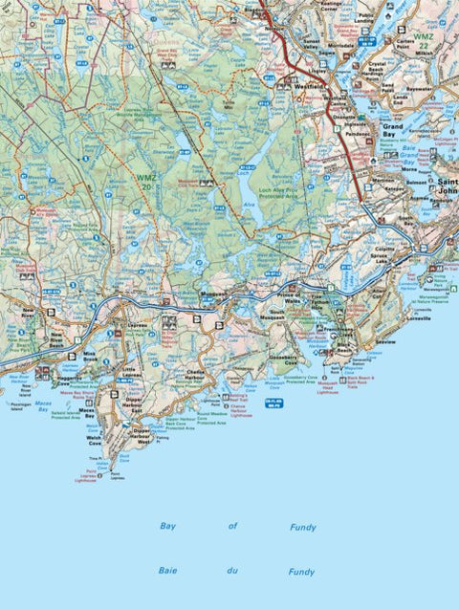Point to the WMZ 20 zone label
tap(144, 180)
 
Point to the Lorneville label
tap(422, 319)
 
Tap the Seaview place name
tap(384, 341)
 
